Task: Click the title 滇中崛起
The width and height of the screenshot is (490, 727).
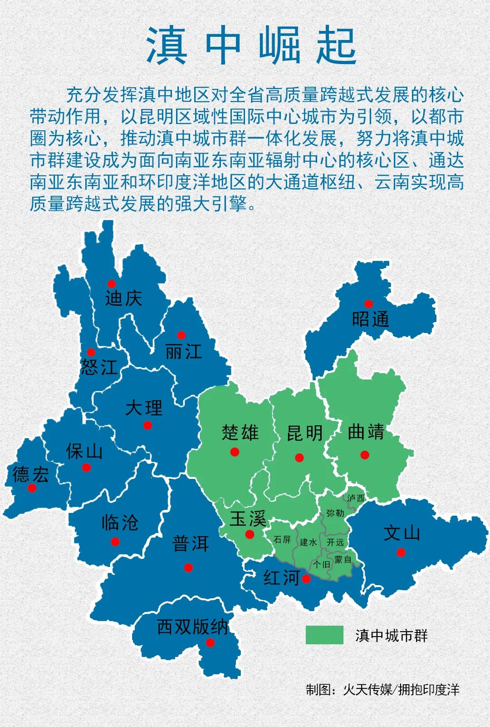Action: tap(251, 46)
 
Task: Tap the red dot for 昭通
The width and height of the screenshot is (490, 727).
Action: tap(368, 304)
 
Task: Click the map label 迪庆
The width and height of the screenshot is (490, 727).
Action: tap(123, 299)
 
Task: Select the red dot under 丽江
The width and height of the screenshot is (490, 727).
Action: tap(181, 335)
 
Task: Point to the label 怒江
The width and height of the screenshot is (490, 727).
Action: tap(99, 367)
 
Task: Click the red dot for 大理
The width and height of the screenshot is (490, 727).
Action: tap(147, 425)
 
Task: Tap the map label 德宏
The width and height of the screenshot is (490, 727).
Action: tap(30, 474)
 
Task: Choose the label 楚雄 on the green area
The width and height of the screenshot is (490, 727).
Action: tap(240, 432)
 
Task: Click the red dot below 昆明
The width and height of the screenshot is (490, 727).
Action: tap(299, 458)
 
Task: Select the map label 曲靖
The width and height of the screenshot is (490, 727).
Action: tap(366, 432)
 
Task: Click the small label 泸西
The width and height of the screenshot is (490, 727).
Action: tap(356, 498)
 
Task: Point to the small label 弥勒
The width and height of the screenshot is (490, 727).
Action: tap(335, 513)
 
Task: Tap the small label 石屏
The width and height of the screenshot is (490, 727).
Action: tap(282, 539)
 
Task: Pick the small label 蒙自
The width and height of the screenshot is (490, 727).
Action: tap(343, 559)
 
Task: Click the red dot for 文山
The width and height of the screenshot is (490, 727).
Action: tap(401, 553)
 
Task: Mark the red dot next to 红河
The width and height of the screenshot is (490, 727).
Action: tap(306, 579)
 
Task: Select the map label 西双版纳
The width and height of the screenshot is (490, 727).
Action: tap(192, 627)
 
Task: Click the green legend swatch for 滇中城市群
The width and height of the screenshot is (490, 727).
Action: tap(324, 635)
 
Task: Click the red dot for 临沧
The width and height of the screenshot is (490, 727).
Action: tap(115, 542)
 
